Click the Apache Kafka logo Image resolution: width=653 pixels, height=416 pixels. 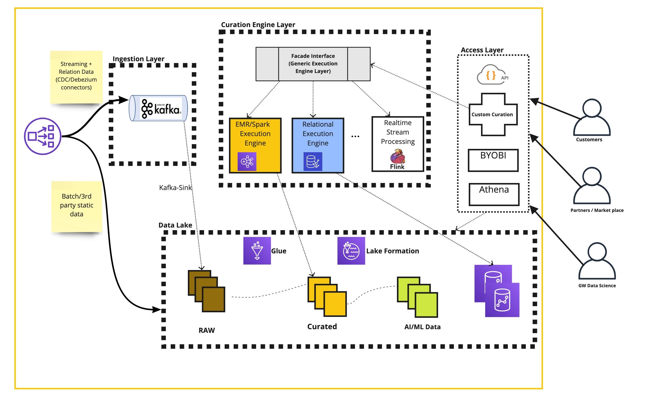pos(161,108)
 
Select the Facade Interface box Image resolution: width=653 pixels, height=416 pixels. pos(313,64)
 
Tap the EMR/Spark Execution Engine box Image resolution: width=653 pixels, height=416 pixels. pos(255,145)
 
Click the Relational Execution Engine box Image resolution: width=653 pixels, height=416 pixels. pos(318,145)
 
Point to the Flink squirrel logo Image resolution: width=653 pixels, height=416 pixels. pos(398,156)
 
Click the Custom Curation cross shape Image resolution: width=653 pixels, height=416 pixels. pos(493,114)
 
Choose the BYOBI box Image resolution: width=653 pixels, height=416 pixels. pos(493,160)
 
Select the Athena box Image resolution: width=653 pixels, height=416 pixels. pos(494,194)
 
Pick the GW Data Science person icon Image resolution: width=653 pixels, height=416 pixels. pos(597,261)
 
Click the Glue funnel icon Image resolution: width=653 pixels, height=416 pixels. pos(257,250)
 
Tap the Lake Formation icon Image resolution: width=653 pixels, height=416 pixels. pos(351,250)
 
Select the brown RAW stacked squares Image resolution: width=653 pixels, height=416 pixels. pos(206,291)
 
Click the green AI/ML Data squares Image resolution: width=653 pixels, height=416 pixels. pos(417,297)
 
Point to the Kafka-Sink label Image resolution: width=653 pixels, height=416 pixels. pos(175,188)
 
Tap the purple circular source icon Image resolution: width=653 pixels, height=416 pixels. pos(42,136)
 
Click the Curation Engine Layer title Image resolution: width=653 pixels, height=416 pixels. pos(258,25)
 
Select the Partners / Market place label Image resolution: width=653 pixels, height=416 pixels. pos(597,210)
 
